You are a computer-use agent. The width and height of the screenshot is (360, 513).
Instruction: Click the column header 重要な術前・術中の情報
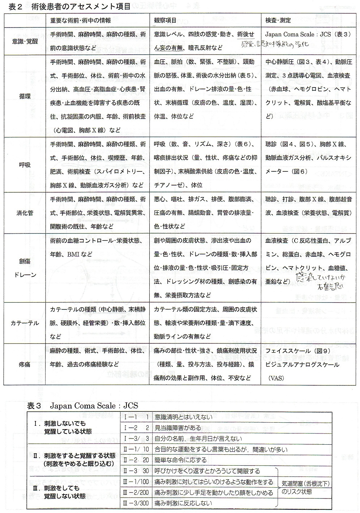pos(81,21)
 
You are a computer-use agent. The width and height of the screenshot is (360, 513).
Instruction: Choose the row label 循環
pos(25,96)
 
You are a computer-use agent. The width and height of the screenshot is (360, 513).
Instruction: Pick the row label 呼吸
pos(25,164)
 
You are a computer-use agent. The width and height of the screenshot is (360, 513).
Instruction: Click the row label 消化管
pos(25,213)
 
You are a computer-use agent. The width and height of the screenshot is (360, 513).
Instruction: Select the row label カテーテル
pos(25,323)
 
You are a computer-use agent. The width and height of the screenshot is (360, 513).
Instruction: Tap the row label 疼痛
pos(25,364)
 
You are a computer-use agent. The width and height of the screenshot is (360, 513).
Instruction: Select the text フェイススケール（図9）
pos(293,351)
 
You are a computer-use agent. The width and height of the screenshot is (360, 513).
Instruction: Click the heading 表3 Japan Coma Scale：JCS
pos(83,406)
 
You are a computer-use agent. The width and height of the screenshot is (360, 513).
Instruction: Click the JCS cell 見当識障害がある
pos(178,428)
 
